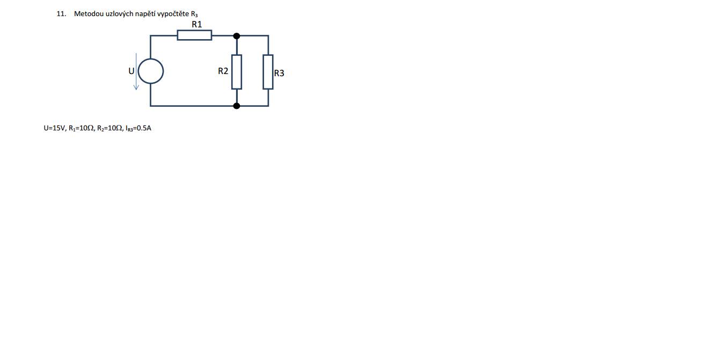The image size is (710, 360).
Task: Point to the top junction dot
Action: click(237, 36)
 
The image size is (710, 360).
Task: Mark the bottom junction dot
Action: click(237, 106)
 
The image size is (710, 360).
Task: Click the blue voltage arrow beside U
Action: click(136, 71)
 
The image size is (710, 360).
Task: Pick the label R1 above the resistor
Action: click(197, 24)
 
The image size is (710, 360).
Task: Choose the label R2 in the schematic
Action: click(223, 71)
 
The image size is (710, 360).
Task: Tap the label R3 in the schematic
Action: click(279, 73)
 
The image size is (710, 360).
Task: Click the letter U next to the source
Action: click(131, 71)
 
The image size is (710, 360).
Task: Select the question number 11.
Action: click(61, 14)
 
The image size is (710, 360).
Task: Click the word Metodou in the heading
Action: click(87, 14)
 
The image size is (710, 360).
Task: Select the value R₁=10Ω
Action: click(82, 128)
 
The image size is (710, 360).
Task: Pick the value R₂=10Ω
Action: click(110, 128)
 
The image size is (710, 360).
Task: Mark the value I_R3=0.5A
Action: click(138, 128)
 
